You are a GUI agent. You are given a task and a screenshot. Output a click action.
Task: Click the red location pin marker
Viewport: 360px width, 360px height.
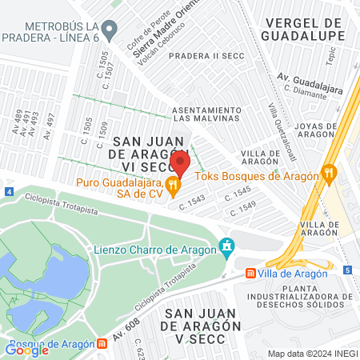[x=180, y=162]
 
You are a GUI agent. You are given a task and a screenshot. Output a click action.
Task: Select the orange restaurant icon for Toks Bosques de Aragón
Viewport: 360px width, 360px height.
[x=328, y=172]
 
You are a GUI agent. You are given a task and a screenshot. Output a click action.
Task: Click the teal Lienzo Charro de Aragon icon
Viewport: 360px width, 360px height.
[x=228, y=245]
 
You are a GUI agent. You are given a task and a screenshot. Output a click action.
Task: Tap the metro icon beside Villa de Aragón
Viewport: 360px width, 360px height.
[x=251, y=274]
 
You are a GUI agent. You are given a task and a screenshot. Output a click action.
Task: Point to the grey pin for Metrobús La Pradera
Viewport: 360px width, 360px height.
[x=113, y=30]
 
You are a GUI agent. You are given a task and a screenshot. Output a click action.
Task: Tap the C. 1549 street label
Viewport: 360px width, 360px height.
[x=242, y=210]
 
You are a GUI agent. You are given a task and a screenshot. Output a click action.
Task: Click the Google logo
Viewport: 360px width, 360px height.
[x=26, y=348]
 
